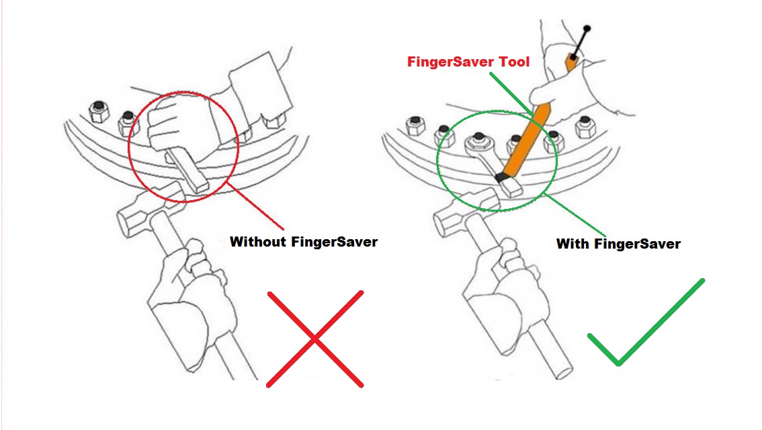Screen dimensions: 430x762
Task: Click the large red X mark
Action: tap(314, 339)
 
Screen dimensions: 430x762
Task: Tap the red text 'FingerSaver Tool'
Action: tap(468, 62)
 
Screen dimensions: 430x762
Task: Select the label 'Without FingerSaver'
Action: tap(304, 242)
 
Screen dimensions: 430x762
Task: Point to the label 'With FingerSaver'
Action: tap(618, 244)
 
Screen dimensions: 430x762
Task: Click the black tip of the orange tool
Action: tap(501, 179)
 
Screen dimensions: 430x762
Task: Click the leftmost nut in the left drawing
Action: tap(98, 109)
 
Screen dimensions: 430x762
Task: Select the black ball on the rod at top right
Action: tap(588, 29)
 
